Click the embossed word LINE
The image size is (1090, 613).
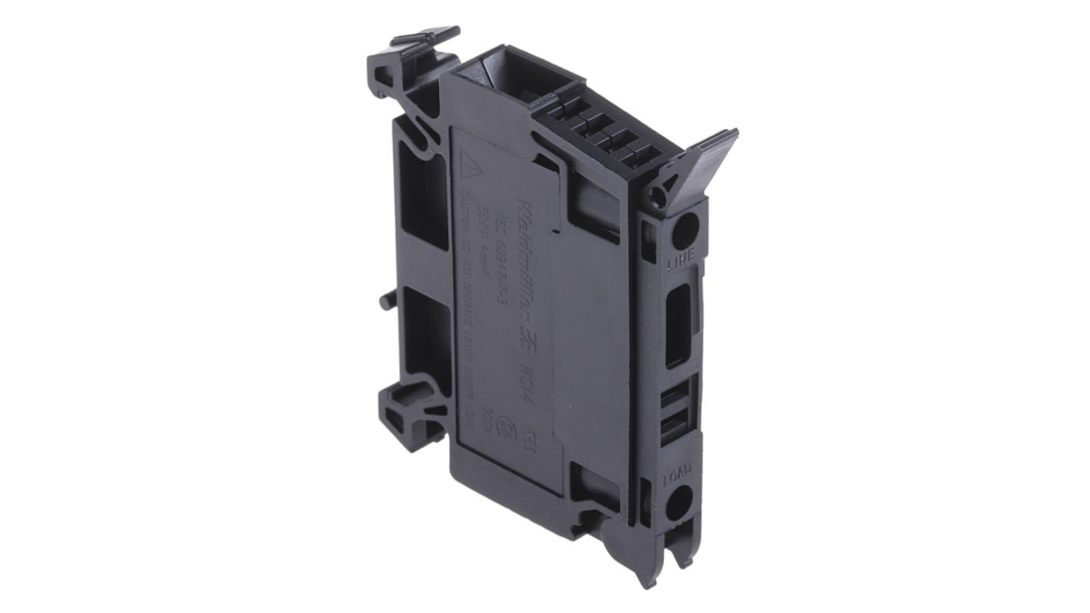pyautogui.click(x=682, y=266)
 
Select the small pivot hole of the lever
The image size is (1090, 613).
pyautogui.click(x=657, y=196)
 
